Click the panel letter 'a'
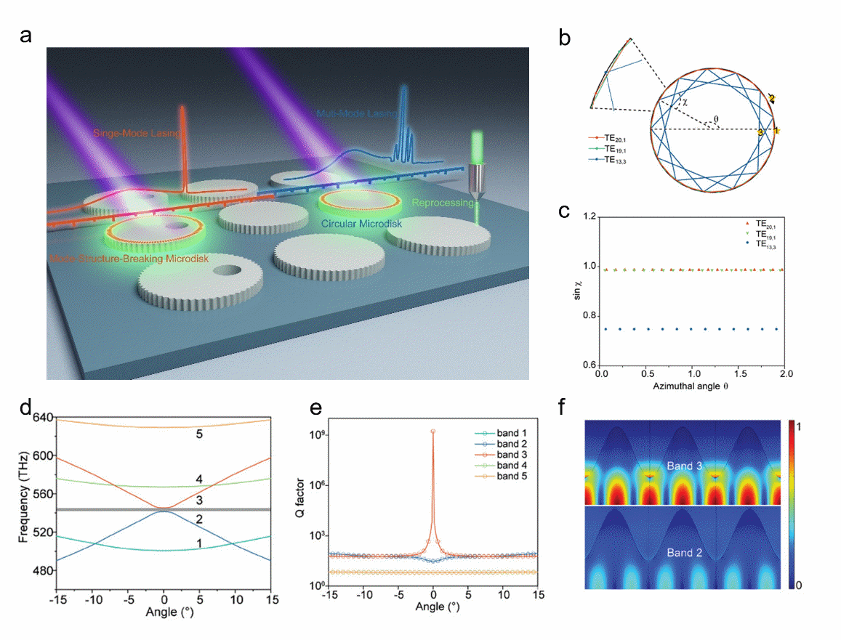[26, 36]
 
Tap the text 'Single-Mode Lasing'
[137, 133]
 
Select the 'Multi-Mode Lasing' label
[356, 114]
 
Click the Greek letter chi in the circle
[684, 102]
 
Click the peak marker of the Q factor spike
[433, 432]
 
